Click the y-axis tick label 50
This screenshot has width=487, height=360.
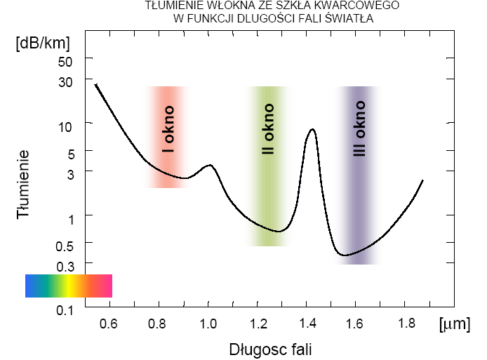[x=65, y=61]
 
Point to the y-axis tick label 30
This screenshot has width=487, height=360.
[x=65, y=81]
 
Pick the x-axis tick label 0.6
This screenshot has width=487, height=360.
[x=108, y=324]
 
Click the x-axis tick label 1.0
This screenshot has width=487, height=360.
[x=208, y=324]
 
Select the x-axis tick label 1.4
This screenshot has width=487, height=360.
[x=307, y=324]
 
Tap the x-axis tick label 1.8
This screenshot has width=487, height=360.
[x=406, y=324]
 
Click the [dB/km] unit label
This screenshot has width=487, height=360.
[x=44, y=42]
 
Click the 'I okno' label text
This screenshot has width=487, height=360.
[x=168, y=130]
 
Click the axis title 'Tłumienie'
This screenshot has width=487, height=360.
[x=23, y=184]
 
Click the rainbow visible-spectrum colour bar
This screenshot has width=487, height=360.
[x=69, y=286]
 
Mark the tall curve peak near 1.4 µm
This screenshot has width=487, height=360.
[x=312, y=130]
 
